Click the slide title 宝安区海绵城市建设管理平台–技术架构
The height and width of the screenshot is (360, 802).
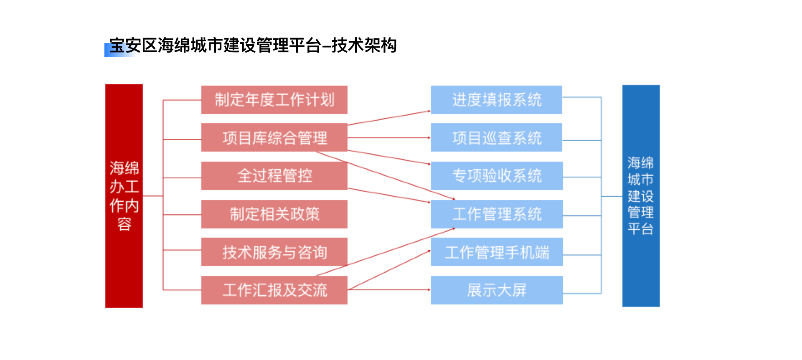(253, 46)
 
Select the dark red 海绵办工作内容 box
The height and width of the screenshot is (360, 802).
(124, 196)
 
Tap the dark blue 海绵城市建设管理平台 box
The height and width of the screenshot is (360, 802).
(641, 196)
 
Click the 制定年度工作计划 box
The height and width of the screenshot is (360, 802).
(274, 100)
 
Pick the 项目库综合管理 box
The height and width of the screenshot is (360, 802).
(274, 137)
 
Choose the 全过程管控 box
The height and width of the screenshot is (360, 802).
(274, 176)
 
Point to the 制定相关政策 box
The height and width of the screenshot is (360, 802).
(274, 214)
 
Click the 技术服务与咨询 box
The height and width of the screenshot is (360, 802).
(274, 252)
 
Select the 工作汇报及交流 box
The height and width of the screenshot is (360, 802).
(274, 290)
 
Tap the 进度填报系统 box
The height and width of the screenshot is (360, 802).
(497, 100)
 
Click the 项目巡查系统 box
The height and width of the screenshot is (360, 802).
(497, 137)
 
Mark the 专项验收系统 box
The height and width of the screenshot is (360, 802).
(497, 176)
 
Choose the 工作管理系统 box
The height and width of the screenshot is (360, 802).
(497, 214)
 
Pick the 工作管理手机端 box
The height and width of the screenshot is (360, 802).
(497, 252)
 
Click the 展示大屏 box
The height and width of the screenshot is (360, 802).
(497, 290)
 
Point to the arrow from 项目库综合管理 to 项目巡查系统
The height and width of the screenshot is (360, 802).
(389, 138)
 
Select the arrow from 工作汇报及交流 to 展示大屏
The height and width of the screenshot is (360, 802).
(389, 290)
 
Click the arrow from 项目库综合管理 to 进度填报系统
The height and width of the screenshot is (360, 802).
(389, 118)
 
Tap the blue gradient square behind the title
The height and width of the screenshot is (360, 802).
(120, 50)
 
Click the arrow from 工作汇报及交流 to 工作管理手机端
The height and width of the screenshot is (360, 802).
(389, 270)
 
